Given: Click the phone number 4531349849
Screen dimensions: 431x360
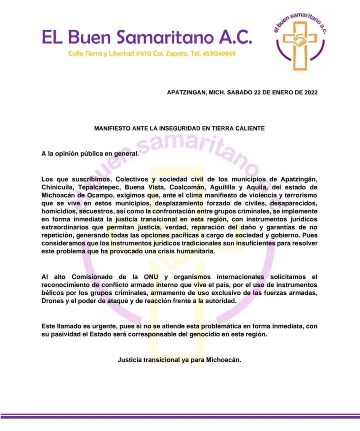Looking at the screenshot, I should [218, 54].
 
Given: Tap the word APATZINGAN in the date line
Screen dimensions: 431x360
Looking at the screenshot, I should [185, 93].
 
